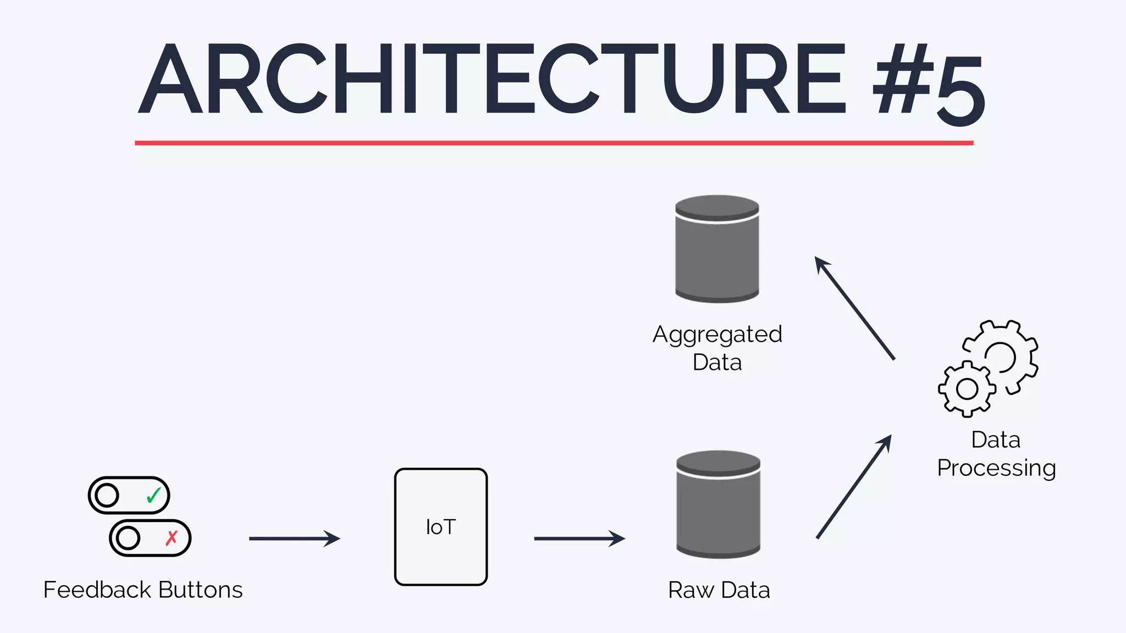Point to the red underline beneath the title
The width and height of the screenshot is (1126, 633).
554,143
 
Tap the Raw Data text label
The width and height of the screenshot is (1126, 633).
719,590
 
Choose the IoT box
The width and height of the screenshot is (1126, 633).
441,527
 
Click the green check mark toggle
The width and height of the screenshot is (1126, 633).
129,495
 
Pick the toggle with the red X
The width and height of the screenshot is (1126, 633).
150,538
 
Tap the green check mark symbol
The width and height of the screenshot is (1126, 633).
154,495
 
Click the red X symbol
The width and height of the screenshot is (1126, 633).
172,538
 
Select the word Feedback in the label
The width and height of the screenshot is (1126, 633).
97,590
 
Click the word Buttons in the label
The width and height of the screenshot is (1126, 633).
200,590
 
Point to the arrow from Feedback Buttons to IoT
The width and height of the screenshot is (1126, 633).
294,538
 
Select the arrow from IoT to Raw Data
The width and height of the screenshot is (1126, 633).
579,538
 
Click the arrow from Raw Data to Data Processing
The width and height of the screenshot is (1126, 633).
853,487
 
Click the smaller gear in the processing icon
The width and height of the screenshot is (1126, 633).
967,389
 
